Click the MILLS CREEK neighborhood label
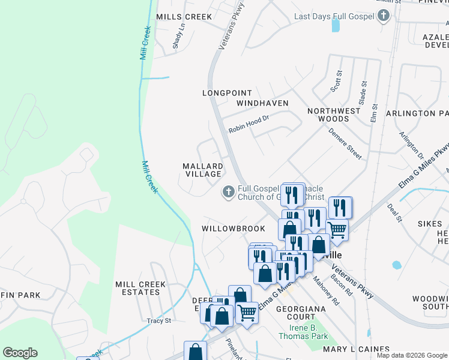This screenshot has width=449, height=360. click(x=184, y=17)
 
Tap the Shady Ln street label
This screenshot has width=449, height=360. click(x=178, y=36)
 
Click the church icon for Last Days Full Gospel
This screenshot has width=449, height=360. click(x=384, y=16)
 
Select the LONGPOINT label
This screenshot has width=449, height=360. click(x=225, y=93)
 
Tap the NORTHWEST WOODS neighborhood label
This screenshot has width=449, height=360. click(x=334, y=115)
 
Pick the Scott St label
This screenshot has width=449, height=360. click(x=337, y=82)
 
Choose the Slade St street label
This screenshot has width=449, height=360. click(x=363, y=94)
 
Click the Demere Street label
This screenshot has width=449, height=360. click(x=345, y=145)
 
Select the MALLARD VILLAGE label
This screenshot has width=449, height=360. click(x=203, y=170)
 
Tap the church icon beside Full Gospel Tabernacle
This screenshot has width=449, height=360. click(x=228, y=192)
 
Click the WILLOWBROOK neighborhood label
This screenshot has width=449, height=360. click(x=233, y=229)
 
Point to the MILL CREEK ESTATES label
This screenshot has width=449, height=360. click(x=137, y=288)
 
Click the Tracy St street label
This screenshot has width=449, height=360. click(x=159, y=321)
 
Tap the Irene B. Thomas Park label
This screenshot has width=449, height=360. click(x=303, y=331)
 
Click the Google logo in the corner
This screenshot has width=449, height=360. click(x=20, y=353)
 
